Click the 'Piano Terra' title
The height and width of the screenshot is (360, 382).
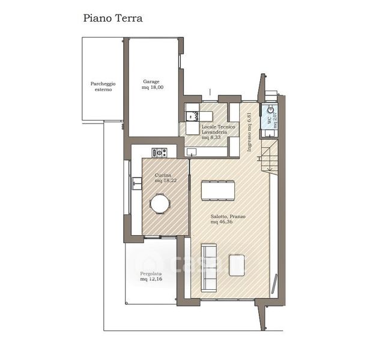[113, 18]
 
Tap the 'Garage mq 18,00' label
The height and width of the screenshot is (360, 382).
[153, 85]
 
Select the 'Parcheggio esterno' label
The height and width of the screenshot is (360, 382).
[103, 86]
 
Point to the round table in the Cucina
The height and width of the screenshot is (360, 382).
[160, 204]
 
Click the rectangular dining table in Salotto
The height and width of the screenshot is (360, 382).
[218, 190]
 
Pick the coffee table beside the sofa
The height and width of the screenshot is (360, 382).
[237, 265]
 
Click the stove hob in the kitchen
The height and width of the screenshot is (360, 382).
[160, 153]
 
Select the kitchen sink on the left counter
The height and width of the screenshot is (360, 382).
[137, 183]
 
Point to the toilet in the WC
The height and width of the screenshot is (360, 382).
[270, 110]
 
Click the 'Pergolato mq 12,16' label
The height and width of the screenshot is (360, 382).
[151, 277]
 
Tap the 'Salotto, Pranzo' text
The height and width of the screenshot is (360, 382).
[228, 217]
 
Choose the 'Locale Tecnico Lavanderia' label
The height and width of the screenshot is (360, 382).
[218, 130]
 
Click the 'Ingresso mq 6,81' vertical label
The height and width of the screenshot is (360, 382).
[249, 132]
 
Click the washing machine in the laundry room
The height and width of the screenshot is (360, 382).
[192, 116]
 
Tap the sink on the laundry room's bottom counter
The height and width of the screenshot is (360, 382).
[192, 152]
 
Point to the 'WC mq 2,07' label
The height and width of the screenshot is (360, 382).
[272, 120]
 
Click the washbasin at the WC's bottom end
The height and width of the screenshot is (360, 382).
[269, 133]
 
